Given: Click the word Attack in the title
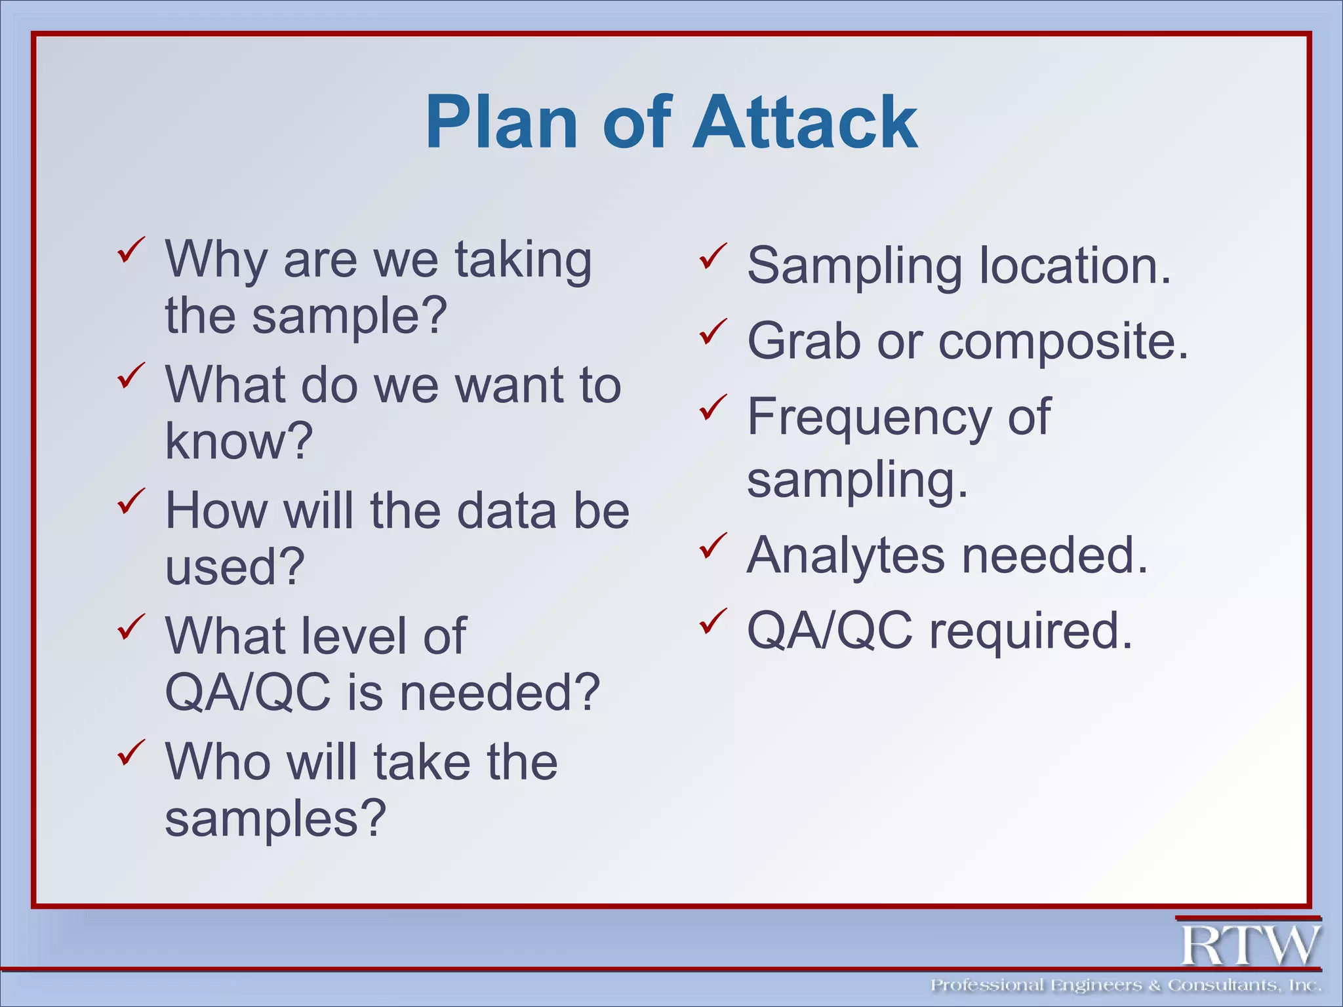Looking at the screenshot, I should tap(805, 123).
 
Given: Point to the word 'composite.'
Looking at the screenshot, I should tap(1063, 343).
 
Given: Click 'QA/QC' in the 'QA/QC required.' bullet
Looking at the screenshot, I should tap(830, 631).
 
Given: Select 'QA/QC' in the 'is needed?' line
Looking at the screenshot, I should tap(248, 692).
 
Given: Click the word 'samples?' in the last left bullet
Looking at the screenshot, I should tap(275, 819).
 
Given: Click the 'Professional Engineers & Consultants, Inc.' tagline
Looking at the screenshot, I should tap(1125, 985).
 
